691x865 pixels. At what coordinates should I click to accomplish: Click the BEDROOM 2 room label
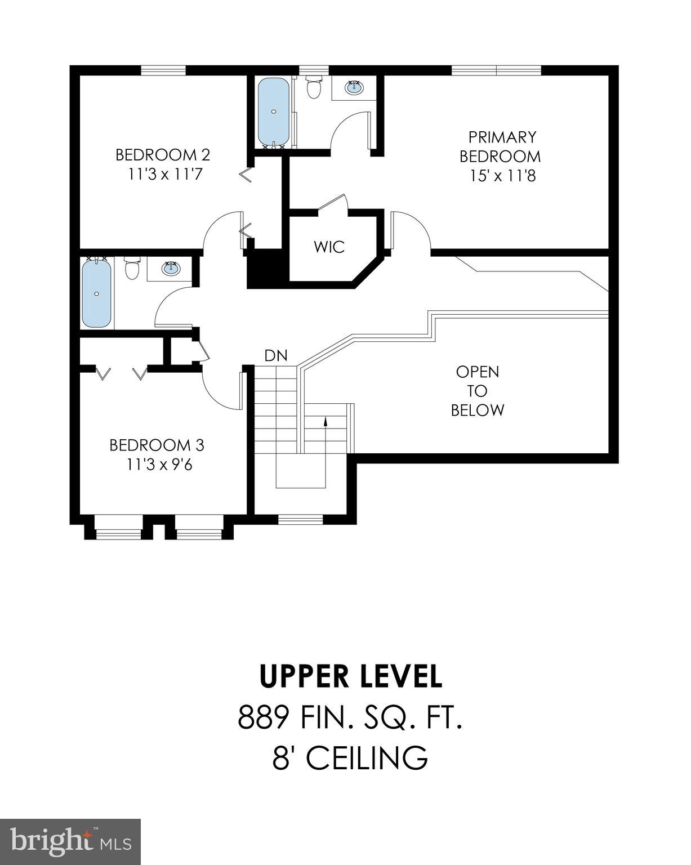pyautogui.click(x=163, y=154)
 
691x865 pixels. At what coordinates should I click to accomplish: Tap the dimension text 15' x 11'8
pyautogui.click(x=502, y=176)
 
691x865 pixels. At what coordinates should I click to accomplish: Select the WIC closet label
pyautogui.click(x=329, y=247)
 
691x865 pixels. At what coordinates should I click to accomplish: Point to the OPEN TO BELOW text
pyautogui.click(x=478, y=391)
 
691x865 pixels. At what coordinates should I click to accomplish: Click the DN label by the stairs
pyautogui.click(x=276, y=355)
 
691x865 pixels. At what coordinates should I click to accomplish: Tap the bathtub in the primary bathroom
pyautogui.click(x=274, y=112)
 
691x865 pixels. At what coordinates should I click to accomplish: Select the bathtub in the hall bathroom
pyautogui.click(x=96, y=292)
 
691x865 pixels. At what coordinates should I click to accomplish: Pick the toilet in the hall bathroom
pyautogui.click(x=132, y=269)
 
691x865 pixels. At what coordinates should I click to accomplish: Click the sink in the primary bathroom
pyautogui.click(x=354, y=87)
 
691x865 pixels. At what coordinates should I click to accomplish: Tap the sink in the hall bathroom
pyautogui.click(x=171, y=267)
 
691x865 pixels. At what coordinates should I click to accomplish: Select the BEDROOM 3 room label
pyautogui.click(x=157, y=445)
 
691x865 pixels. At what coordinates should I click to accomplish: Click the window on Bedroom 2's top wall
pyautogui.click(x=163, y=70)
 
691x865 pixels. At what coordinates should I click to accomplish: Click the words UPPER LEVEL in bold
pyautogui.click(x=351, y=676)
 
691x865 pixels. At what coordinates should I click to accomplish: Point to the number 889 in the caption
pyautogui.click(x=264, y=718)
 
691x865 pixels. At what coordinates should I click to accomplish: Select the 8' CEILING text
pyautogui.click(x=350, y=758)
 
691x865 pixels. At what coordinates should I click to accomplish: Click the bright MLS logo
pyautogui.click(x=70, y=842)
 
